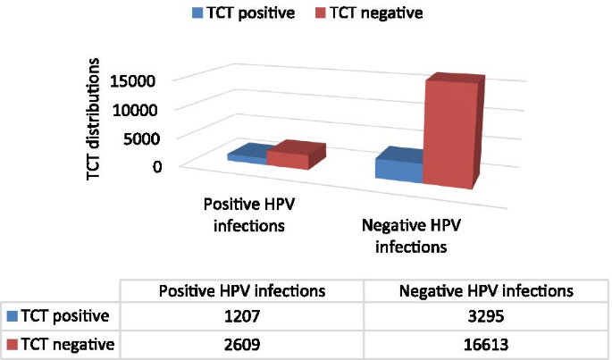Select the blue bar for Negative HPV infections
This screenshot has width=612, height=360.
tap(398, 169)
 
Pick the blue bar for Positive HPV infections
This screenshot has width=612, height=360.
tap(247, 156)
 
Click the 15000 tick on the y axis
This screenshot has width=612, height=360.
tap(134, 80)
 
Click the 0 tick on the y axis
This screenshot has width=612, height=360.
tap(157, 166)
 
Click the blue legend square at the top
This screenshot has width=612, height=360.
tap(195, 13)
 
